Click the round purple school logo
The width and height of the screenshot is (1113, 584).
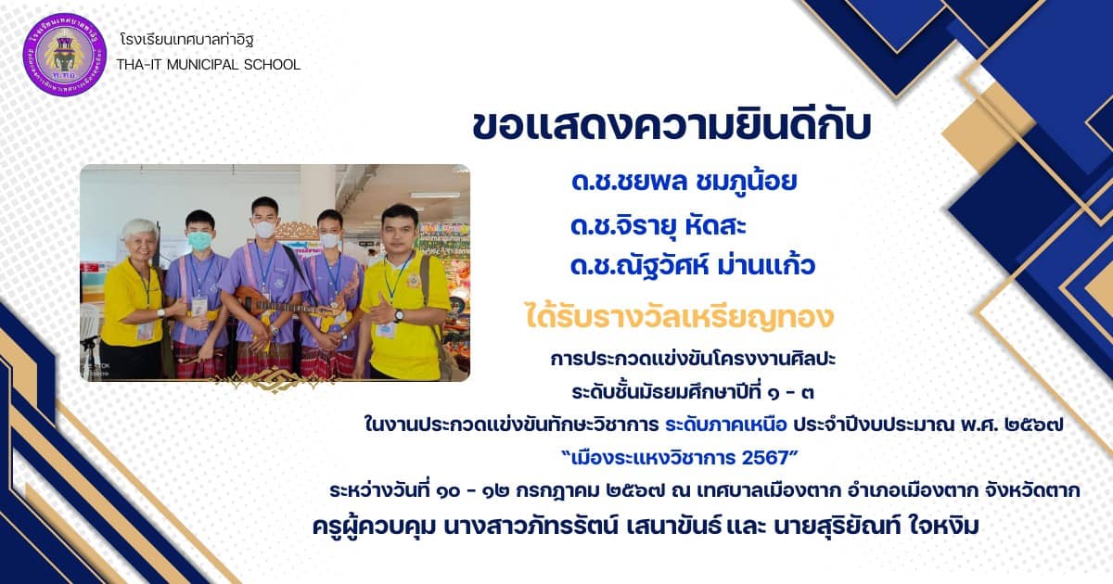click(x=65, y=55)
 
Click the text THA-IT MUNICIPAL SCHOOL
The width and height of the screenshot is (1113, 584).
click(x=209, y=65)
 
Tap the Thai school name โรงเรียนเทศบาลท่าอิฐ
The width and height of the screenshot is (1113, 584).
click(x=186, y=39)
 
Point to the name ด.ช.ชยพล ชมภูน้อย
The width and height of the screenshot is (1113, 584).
click(x=684, y=182)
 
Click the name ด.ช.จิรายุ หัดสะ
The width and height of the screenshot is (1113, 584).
click(x=659, y=225)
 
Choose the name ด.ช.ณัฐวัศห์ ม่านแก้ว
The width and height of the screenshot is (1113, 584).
click(x=693, y=266)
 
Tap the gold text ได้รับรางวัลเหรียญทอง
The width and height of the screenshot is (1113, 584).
click(x=679, y=317)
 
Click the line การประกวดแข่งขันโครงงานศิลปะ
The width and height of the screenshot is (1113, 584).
click(x=693, y=359)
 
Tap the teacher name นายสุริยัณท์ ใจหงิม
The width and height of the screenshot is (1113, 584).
click(x=876, y=527)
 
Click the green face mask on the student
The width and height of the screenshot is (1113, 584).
click(x=200, y=240)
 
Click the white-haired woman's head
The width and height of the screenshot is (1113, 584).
click(x=140, y=237)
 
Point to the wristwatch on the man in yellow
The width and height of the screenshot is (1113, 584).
click(x=399, y=315)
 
